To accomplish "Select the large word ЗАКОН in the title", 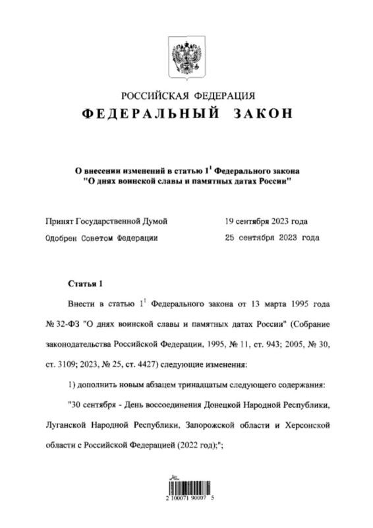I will pos(262,114).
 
